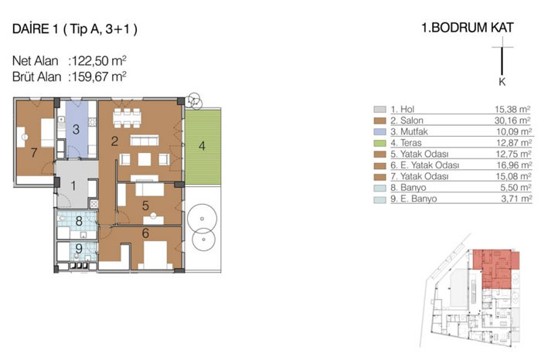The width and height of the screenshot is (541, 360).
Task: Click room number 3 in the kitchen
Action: tap(76, 129)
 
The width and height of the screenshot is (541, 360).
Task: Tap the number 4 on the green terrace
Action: tap(202, 146)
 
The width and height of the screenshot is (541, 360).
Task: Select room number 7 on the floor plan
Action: tap(34, 152)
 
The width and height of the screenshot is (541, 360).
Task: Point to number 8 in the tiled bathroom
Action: tap(79, 221)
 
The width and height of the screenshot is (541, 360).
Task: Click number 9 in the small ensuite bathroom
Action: tap(79, 248)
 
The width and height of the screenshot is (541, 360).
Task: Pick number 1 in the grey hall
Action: tap(73, 186)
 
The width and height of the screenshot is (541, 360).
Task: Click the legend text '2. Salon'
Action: tap(407, 121)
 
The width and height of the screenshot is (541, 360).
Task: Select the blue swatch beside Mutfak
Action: tap(380, 132)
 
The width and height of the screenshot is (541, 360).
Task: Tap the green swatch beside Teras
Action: tap(380, 143)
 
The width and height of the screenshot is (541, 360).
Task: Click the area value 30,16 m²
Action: tap(512, 121)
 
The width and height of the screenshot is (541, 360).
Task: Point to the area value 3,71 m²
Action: tap(516, 199)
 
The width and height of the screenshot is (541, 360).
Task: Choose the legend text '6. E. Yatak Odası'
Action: tap(425, 165)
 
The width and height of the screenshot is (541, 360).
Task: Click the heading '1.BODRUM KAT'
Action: tap(467, 28)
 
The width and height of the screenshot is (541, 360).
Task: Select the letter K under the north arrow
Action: tap(502, 82)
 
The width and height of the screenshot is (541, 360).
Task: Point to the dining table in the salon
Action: tap(127, 118)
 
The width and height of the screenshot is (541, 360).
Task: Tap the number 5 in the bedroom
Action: tap(145, 205)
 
